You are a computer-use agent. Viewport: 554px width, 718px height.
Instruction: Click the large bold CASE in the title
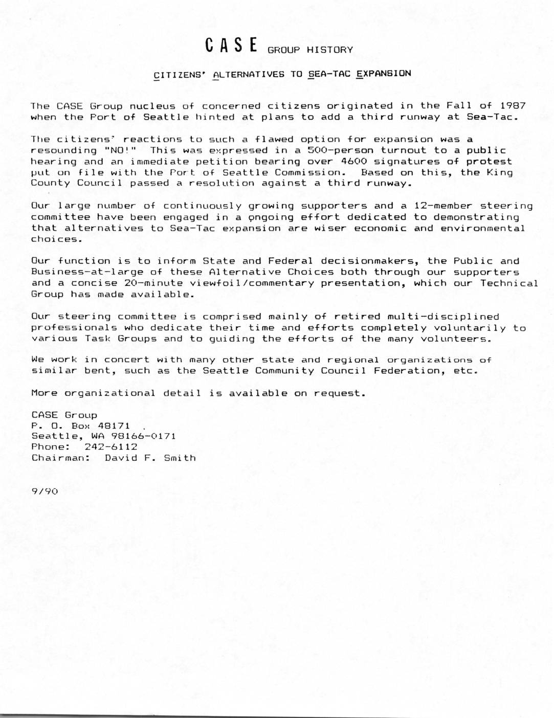(x=231, y=46)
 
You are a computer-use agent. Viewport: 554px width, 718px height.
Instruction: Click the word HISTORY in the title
(x=330, y=50)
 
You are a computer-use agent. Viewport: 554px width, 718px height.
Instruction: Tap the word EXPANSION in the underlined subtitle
(x=383, y=73)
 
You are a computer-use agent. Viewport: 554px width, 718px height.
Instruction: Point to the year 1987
(x=513, y=106)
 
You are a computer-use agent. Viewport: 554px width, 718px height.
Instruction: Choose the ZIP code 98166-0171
(x=140, y=436)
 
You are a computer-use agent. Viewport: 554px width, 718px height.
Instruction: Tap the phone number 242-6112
(x=111, y=447)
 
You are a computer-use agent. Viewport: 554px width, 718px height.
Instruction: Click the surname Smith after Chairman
(x=180, y=458)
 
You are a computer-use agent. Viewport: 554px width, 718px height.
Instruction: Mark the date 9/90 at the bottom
(x=45, y=491)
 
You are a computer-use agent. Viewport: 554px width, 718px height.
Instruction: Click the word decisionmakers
(x=367, y=261)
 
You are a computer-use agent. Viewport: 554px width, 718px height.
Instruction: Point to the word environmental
(x=482, y=228)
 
